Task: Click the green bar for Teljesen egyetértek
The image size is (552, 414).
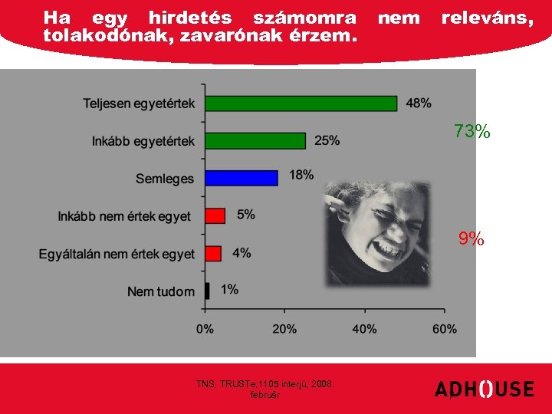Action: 301,103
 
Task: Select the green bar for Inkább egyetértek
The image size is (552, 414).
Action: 255,140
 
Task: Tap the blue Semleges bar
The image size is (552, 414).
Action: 241,178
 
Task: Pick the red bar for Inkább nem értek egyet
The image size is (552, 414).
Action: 215,215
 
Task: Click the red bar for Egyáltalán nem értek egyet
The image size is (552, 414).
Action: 213,253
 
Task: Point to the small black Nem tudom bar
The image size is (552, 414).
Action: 207,291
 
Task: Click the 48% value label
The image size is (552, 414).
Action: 418,103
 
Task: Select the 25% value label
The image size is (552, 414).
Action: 327,140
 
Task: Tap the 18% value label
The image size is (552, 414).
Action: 301,175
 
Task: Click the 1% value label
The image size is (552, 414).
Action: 229,289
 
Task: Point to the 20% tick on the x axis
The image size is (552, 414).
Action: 284,329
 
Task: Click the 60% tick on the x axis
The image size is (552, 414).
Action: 444,329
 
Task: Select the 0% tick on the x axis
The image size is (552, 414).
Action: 205,329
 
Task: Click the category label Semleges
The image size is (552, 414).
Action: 165,179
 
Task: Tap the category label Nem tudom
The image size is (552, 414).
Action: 160,291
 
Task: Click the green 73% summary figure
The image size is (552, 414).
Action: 472,132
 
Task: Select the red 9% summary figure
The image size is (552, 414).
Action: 472,239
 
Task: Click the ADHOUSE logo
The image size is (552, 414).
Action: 484,389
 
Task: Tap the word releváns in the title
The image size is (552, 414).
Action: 488,17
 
